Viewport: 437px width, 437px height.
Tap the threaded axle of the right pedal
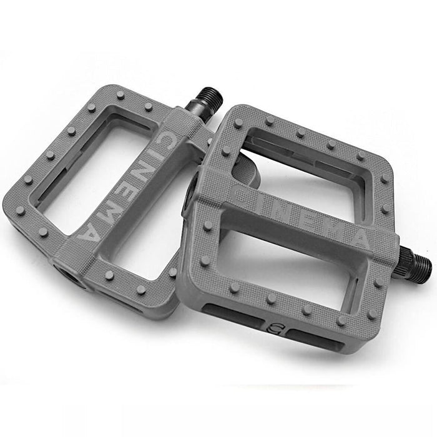tap(415, 263)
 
